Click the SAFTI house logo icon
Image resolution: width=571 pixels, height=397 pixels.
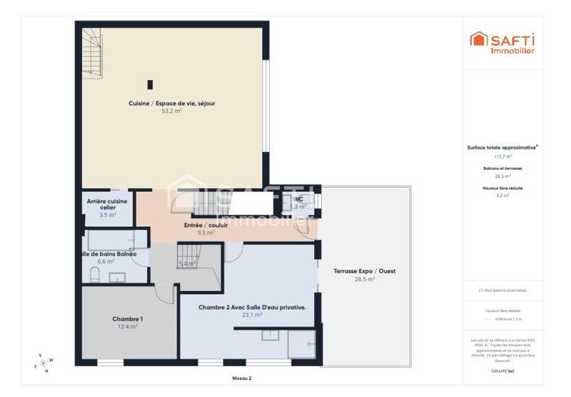tap(478, 39)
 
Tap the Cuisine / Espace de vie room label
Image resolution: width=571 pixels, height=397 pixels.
tap(172, 104)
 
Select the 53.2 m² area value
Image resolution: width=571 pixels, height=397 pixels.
tap(172, 111)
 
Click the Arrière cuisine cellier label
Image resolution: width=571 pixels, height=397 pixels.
tap(107, 204)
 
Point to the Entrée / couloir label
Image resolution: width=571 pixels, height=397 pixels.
tap(206, 225)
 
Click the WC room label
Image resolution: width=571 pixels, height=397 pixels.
tap(298, 199)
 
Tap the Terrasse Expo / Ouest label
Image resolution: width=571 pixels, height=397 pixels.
tap(365, 271)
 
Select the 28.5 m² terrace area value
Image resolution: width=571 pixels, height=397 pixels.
tap(365, 279)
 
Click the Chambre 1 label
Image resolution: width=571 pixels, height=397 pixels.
tap(128, 318)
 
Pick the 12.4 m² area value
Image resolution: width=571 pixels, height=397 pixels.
tap(128, 326)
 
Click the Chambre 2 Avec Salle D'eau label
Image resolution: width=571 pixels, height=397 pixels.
tap(243, 307)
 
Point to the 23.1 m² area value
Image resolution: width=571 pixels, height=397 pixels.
tap(243, 315)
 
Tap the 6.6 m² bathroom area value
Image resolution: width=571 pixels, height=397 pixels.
tap(106, 262)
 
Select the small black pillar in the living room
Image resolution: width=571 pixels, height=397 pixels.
tap(150, 84)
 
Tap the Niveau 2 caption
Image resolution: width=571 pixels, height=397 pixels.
tap(242, 378)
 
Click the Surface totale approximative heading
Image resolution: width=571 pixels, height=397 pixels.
tap(502, 148)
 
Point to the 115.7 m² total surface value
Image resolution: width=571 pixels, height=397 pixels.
tap(502, 156)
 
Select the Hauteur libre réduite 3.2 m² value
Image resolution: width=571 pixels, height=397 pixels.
tap(502, 195)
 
